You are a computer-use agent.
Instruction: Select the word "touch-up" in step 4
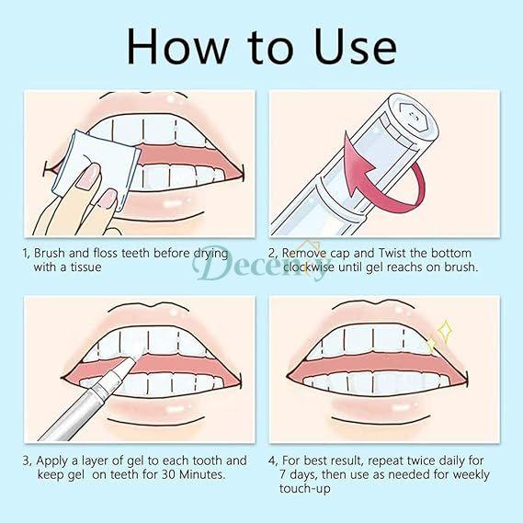click(313, 489)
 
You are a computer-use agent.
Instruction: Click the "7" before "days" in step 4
click(288, 474)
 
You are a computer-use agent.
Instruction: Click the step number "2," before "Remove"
click(274, 253)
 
